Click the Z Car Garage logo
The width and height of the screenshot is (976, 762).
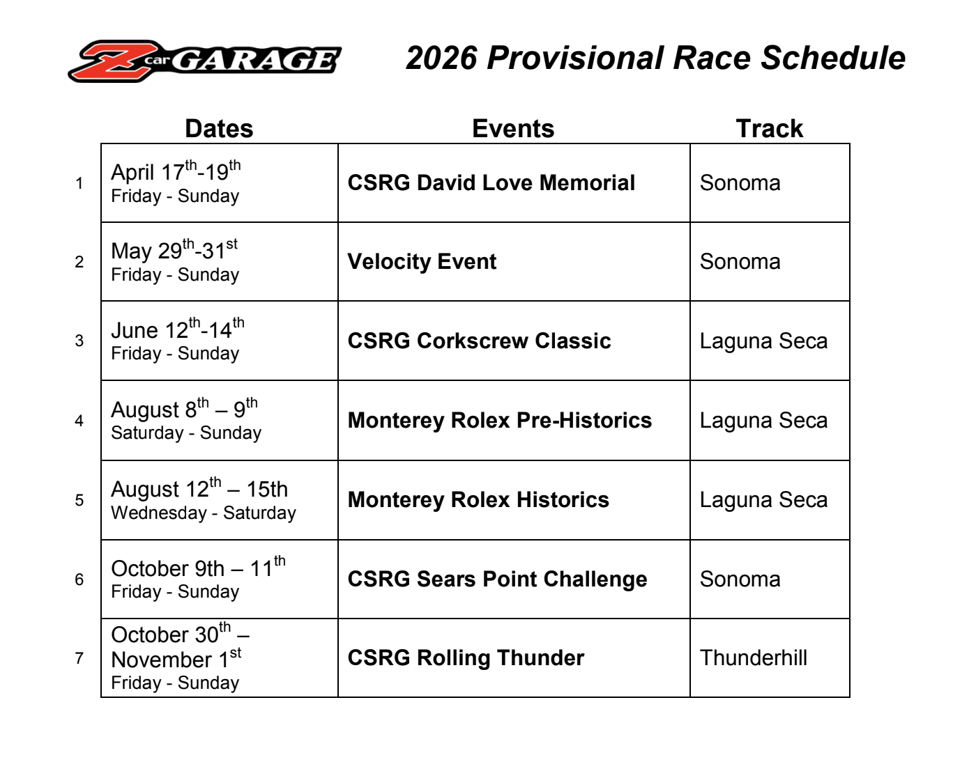204,61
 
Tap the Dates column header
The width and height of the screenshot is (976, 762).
219,128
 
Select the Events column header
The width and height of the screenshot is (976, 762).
513,128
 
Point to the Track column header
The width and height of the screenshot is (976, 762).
770,128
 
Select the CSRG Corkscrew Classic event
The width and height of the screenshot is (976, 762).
479,341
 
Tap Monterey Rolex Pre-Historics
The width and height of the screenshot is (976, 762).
500,421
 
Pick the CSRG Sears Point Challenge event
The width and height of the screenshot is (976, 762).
498,579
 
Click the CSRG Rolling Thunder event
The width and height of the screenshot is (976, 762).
466,658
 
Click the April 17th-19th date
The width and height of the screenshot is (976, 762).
176,171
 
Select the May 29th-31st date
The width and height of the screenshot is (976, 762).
174,249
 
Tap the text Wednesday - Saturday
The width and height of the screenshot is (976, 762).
204,513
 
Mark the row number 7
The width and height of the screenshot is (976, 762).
79,658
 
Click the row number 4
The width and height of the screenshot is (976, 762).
79,421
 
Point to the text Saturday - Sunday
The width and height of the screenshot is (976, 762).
186,433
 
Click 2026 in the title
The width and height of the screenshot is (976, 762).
441,59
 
